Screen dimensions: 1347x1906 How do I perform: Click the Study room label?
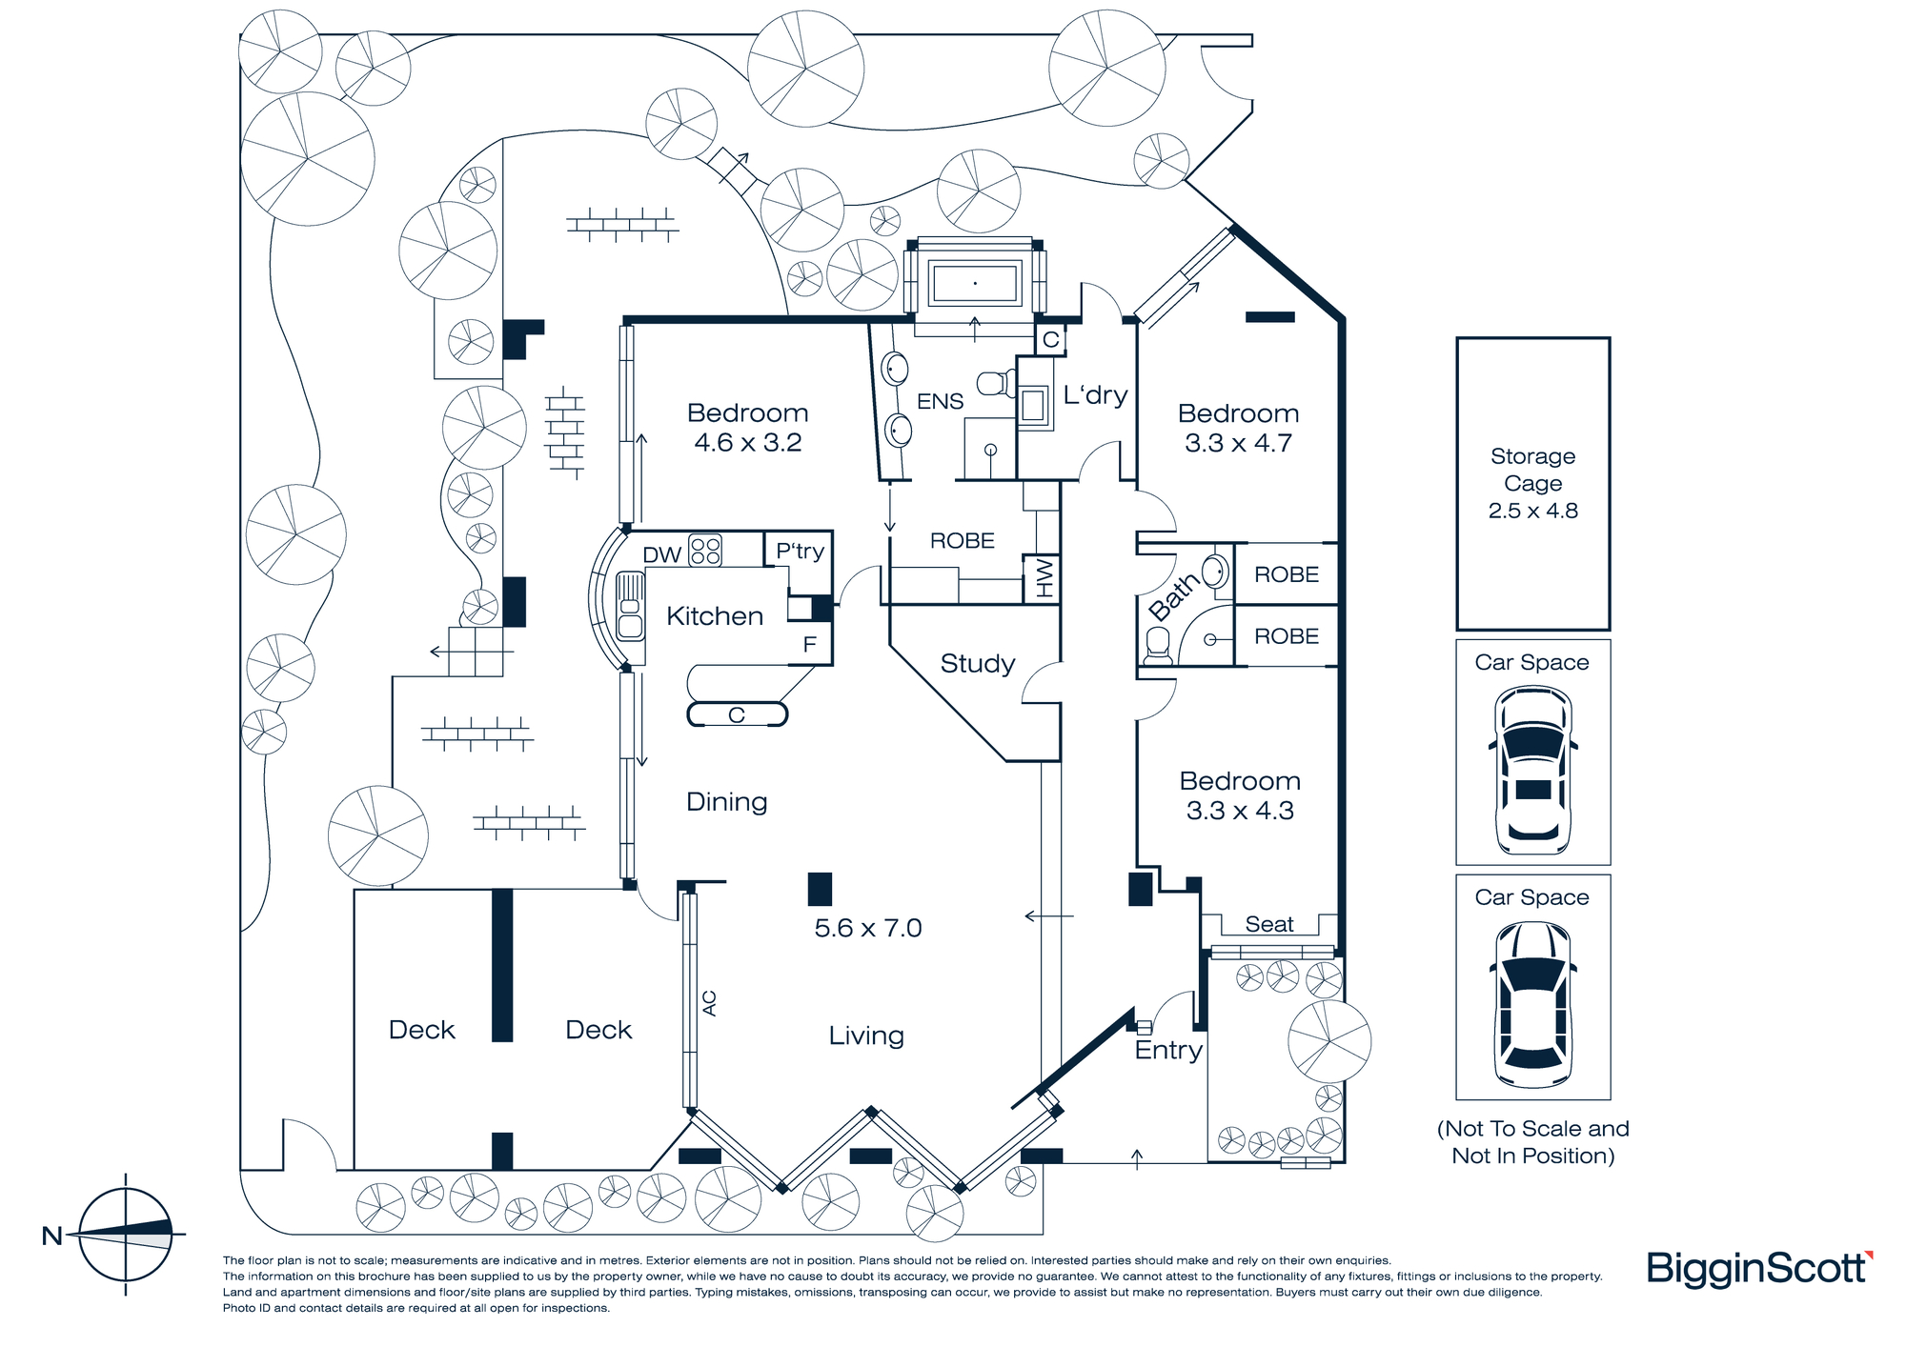pos(977,663)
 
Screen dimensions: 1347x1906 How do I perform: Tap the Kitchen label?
pos(715,616)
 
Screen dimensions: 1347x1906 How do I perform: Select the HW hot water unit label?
pos(1044,578)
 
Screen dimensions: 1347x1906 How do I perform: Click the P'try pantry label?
pos(800,551)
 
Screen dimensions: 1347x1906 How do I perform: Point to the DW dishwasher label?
pos(661,554)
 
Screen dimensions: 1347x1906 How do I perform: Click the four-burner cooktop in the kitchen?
pos(705,551)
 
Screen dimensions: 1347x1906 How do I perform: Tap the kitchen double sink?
pos(630,606)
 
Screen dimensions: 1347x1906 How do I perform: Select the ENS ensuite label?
pos(940,401)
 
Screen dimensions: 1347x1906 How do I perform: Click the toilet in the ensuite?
pos(996,384)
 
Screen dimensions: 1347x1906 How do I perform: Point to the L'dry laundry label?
pos(1095,394)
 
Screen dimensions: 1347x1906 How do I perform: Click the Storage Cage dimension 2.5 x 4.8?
pos(1532,511)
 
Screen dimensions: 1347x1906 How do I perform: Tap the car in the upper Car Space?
pos(1532,770)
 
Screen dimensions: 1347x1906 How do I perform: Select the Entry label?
pos(1168,1050)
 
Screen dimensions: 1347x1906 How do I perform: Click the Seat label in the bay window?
pos(1269,924)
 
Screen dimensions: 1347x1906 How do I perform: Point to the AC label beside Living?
pos(709,1002)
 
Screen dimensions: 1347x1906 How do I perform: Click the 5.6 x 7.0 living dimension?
pos(867,928)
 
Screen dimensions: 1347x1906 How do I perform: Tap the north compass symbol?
pos(125,1235)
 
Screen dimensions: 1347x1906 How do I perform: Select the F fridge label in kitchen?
pos(809,645)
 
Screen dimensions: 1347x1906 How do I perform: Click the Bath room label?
pos(1173,596)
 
